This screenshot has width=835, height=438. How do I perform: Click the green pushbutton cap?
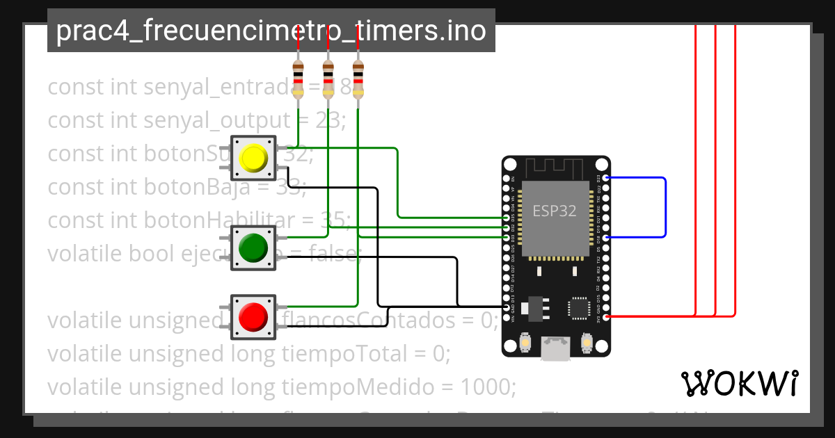point(253,248)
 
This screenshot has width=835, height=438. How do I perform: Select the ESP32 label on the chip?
point(555,211)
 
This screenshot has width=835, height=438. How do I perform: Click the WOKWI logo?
point(739,383)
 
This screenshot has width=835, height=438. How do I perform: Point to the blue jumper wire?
point(665,207)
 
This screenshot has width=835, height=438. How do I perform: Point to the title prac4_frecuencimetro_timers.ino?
point(271,31)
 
